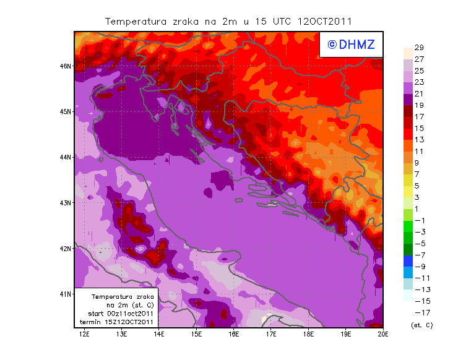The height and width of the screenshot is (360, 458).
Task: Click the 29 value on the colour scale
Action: (418, 48)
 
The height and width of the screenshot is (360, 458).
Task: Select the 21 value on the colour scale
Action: (418, 93)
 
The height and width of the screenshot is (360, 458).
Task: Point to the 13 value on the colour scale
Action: (418, 139)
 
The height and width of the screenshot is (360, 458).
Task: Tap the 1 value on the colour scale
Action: (416, 208)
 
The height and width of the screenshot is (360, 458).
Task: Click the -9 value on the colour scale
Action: (419, 266)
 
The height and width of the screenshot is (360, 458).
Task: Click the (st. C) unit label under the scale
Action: (421, 325)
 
